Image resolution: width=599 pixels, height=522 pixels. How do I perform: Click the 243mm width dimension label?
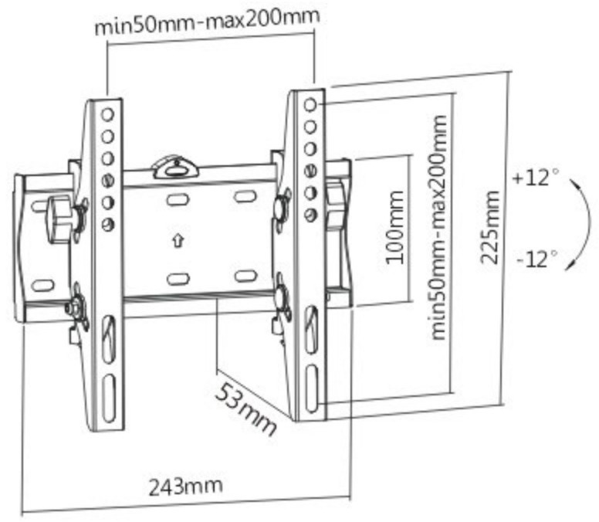pyautogui.click(x=185, y=486)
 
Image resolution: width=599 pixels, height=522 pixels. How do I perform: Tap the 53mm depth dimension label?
pyautogui.click(x=245, y=409)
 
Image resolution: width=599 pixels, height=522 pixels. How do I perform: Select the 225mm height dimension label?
pyautogui.click(x=489, y=228)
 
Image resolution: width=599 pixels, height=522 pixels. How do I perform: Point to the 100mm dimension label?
pyautogui.click(x=394, y=228)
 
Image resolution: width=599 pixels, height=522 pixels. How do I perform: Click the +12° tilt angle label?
pyautogui.click(x=536, y=178)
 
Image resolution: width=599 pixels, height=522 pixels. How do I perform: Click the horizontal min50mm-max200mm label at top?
pyautogui.click(x=207, y=22)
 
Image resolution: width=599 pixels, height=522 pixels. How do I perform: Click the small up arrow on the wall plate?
pyautogui.click(x=178, y=241)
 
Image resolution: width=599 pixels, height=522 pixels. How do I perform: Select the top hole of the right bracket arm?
pyautogui.click(x=310, y=104)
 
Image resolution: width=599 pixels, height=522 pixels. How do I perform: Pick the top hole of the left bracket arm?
pyautogui.click(x=108, y=114)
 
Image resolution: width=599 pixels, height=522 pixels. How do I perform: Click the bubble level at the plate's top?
pyautogui.click(x=176, y=168)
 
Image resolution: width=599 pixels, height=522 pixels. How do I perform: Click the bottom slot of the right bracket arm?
pyautogui.click(x=312, y=388)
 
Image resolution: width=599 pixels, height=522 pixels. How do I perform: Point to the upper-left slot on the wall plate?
pyautogui.click(x=178, y=199)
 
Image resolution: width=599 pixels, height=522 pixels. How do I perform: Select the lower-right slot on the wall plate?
pyautogui.click(x=245, y=276)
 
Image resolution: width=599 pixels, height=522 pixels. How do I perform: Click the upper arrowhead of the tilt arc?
pyautogui.click(x=573, y=183)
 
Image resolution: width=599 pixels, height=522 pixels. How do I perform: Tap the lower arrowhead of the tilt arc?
pyautogui.click(x=570, y=264)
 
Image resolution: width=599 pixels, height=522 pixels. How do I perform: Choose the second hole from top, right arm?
pyautogui.click(x=310, y=127)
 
